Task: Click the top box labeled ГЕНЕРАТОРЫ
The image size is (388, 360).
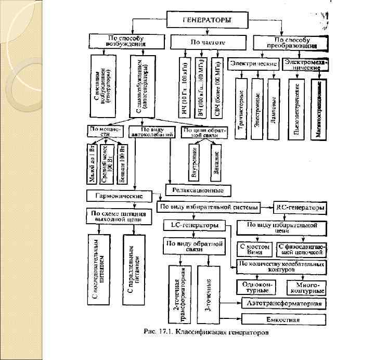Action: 206,21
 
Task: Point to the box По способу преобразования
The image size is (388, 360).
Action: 291,42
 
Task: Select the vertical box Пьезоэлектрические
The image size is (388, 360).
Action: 297,108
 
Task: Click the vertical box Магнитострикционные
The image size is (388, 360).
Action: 318,108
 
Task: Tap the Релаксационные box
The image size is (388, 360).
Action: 198,190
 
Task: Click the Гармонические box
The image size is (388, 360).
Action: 119,196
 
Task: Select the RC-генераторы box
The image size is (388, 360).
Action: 300,208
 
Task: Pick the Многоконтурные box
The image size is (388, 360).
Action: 307,287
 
